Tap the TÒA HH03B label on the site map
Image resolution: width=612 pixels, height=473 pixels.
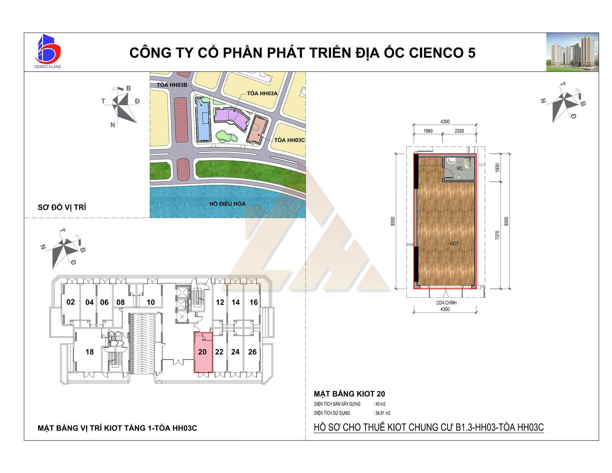(x=172, y=85)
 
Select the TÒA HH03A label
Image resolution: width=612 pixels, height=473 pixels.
(x=262, y=93)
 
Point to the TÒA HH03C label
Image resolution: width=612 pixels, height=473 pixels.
(x=289, y=140)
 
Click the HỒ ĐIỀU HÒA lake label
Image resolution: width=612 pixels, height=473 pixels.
(x=227, y=204)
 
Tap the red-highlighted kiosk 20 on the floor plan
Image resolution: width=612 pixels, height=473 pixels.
(x=203, y=352)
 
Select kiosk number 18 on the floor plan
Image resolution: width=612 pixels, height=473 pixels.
(x=90, y=352)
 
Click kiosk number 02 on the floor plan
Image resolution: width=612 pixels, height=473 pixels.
(x=70, y=302)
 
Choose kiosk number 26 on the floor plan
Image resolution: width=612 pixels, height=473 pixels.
(x=252, y=352)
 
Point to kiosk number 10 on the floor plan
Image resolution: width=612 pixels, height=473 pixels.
(x=151, y=302)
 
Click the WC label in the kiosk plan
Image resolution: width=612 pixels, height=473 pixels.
(x=459, y=168)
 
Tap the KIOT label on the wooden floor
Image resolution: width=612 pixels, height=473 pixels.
(x=454, y=243)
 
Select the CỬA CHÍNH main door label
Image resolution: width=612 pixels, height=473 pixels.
(x=446, y=303)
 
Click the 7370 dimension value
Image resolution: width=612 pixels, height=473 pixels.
(x=497, y=235)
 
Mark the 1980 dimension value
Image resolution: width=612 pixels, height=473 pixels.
(x=428, y=131)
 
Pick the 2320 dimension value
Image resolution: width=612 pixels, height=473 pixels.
(x=459, y=131)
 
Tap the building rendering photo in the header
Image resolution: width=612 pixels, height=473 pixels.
(x=572, y=52)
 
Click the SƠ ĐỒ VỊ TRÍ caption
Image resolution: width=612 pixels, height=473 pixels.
(x=62, y=207)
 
